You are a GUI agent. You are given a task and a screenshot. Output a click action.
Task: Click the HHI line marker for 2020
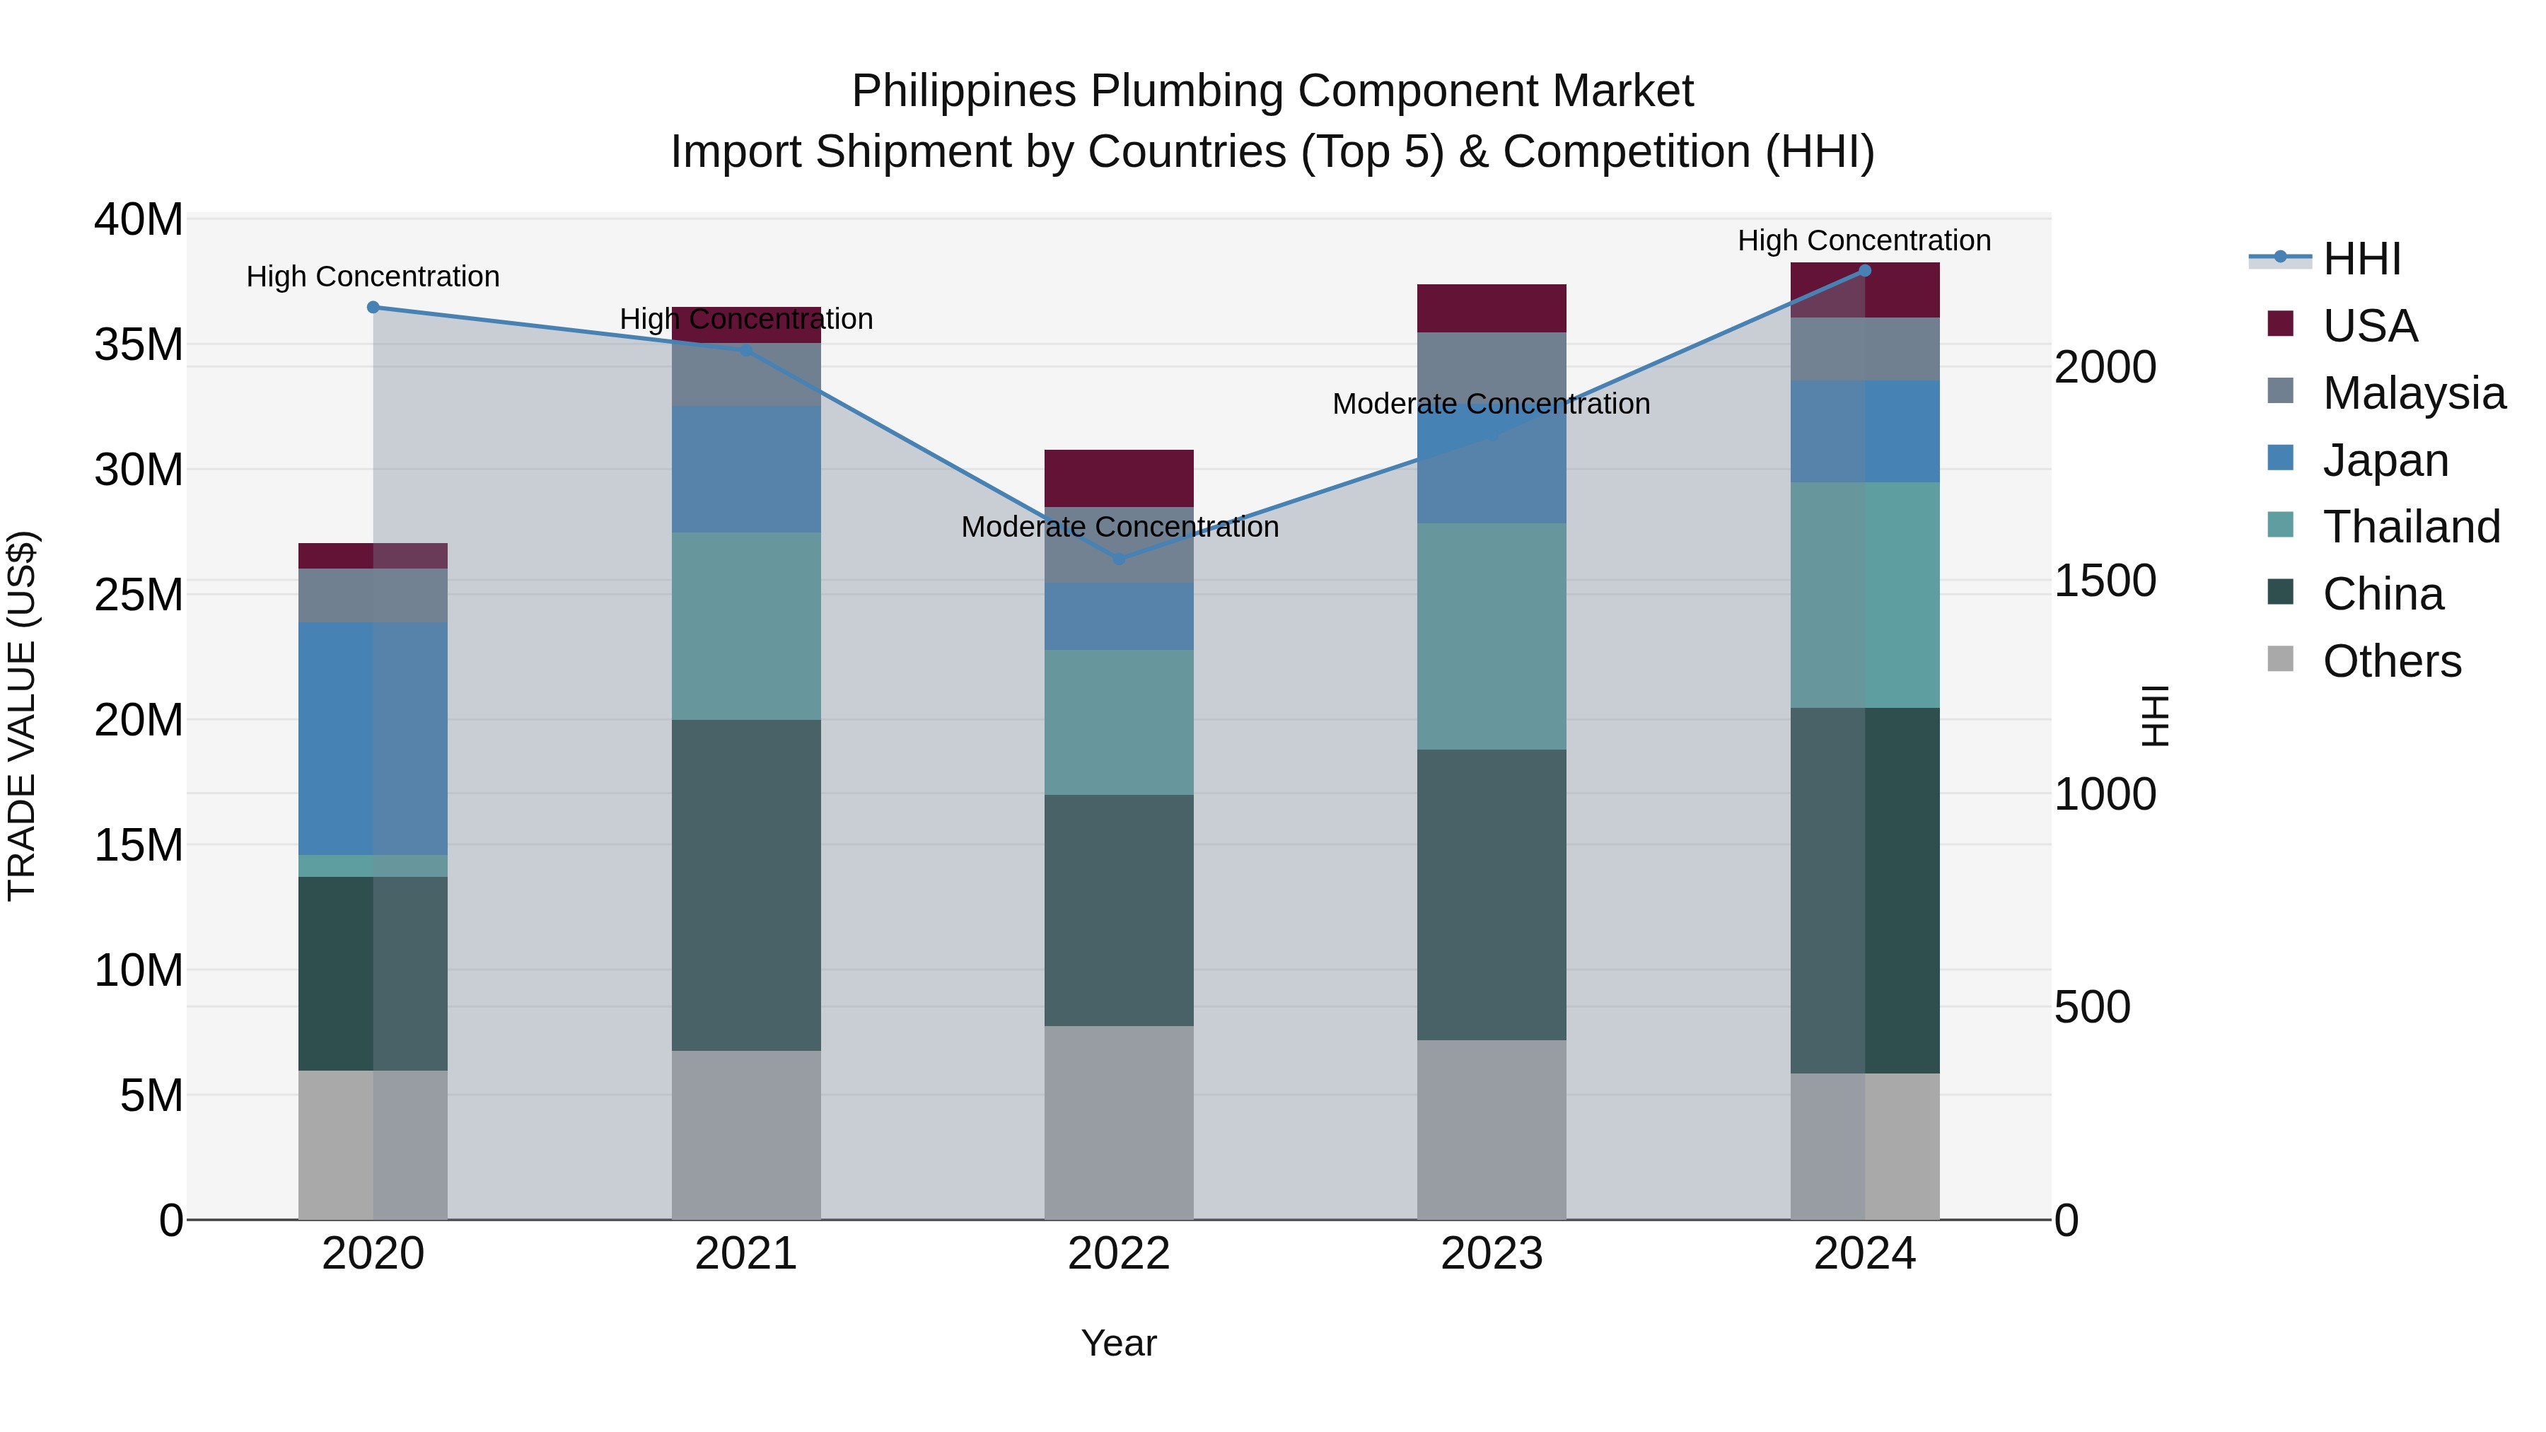(x=373, y=308)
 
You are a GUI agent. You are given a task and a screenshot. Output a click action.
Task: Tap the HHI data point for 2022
(x=1119, y=559)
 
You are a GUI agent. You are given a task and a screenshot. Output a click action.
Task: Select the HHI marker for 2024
(x=1865, y=271)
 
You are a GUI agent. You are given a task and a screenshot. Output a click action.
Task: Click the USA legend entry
(x=2369, y=326)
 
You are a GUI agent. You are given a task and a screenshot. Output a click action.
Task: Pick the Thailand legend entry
(x=2411, y=527)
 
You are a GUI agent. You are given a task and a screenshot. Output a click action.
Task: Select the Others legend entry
(x=2391, y=661)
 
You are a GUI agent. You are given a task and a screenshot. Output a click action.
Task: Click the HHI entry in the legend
(x=2361, y=259)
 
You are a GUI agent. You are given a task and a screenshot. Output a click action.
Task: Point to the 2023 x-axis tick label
(x=1492, y=1254)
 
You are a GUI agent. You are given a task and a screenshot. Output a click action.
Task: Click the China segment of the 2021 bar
(x=746, y=885)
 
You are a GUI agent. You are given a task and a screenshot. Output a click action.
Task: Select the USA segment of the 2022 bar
(x=1119, y=478)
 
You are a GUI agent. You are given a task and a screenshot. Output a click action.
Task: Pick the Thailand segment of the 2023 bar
(x=1492, y=636)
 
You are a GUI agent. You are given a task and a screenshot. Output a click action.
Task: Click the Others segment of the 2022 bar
(x=1119, y=1123)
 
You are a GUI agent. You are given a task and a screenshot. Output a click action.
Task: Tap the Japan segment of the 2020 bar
(x=373, y=738)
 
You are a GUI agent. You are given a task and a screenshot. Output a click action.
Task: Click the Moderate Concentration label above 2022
(x=1120, y=527)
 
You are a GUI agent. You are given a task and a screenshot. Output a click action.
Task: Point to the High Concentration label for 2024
(x=1864, y=240)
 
